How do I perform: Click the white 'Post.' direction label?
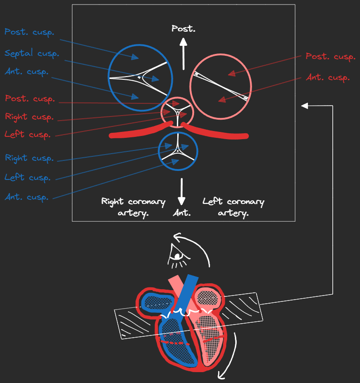[183, 29]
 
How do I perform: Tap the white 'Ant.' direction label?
[181, 213]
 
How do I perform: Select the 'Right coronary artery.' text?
[133, 207]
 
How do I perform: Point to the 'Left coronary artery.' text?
[233, 207]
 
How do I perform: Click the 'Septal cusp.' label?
[32, 53]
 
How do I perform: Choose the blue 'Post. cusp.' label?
[29, 32]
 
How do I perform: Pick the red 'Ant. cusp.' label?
[327, 78]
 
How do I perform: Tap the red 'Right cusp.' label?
[29, 116]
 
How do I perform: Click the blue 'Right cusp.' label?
[29, 158]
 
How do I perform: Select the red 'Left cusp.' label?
[27, 135]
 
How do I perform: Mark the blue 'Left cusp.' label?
[27, 177]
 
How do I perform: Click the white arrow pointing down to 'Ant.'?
[182, 192]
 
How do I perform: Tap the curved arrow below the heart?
[229, 358]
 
